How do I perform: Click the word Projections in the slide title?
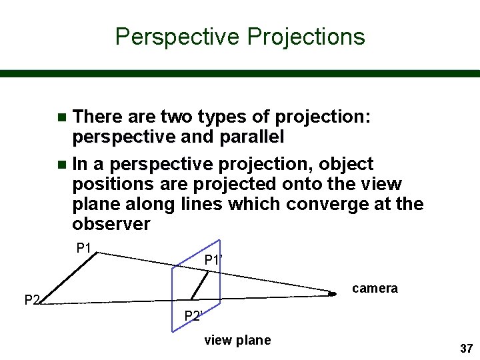306,36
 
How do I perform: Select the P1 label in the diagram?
83,249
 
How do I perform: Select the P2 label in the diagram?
32,300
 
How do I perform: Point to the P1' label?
213,260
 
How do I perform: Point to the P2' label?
193,316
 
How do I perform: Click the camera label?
375,288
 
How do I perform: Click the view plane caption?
237,341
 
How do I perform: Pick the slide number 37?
466,349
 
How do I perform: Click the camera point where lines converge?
331,293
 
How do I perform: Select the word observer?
111,224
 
